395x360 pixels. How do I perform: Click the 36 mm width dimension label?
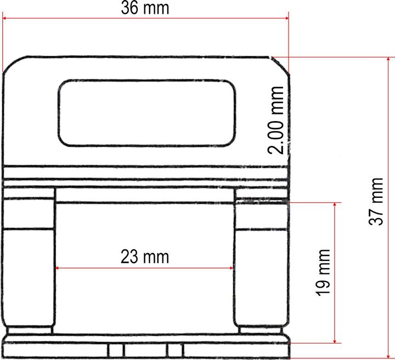pos(145,8)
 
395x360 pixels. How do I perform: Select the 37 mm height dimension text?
pos(376,201)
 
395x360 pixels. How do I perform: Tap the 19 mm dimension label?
pos(324,272)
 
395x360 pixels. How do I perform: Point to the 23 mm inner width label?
pos(145,256)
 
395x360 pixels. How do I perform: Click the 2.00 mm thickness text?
pos(278,120)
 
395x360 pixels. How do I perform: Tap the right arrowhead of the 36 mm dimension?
pos(286,19)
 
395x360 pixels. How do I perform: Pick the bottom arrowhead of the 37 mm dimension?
pos(389,356)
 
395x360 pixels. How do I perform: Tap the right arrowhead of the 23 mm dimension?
pos(232,268)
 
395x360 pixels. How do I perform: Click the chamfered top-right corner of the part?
pos(280,64)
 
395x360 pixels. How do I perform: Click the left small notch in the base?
pos(116,350)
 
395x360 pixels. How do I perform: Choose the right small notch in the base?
pos(175,350)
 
